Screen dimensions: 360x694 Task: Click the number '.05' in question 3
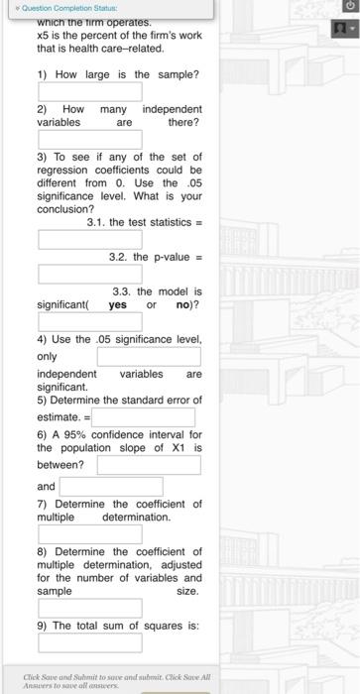click(x=189, y=182)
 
